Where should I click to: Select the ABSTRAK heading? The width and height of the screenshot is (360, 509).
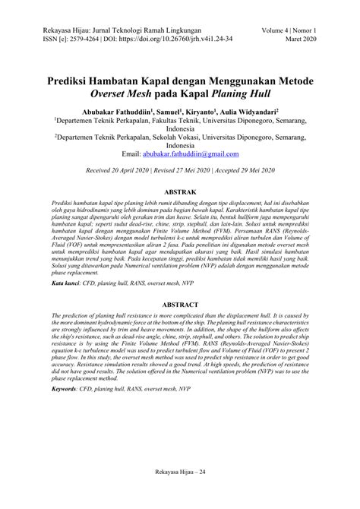pos(179,193)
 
